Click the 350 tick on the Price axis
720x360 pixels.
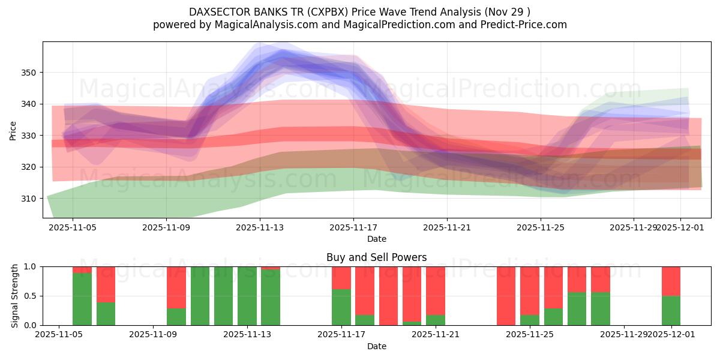(x=29, y=73)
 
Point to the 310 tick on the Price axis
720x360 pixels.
(x=29, y=198)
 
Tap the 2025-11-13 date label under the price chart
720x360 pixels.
(x=260, y=228)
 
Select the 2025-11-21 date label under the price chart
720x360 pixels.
(x=447, y=228)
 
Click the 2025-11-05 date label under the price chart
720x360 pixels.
(x=73, y=228)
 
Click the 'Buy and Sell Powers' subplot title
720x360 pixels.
(x=376, y=257)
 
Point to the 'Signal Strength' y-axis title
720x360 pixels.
(x=15, y=296)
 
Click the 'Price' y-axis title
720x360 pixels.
(x=13, y=130)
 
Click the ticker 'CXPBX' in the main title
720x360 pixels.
(x=328, y=11)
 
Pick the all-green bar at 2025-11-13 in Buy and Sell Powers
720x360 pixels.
(x=247, y=296)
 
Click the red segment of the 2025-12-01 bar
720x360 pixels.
(x=671, y=281)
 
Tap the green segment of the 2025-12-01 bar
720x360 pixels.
(x=671, y=310)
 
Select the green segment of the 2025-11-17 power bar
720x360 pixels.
(x=341, y=307)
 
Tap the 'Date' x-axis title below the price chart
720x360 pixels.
(x=376, y=239)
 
